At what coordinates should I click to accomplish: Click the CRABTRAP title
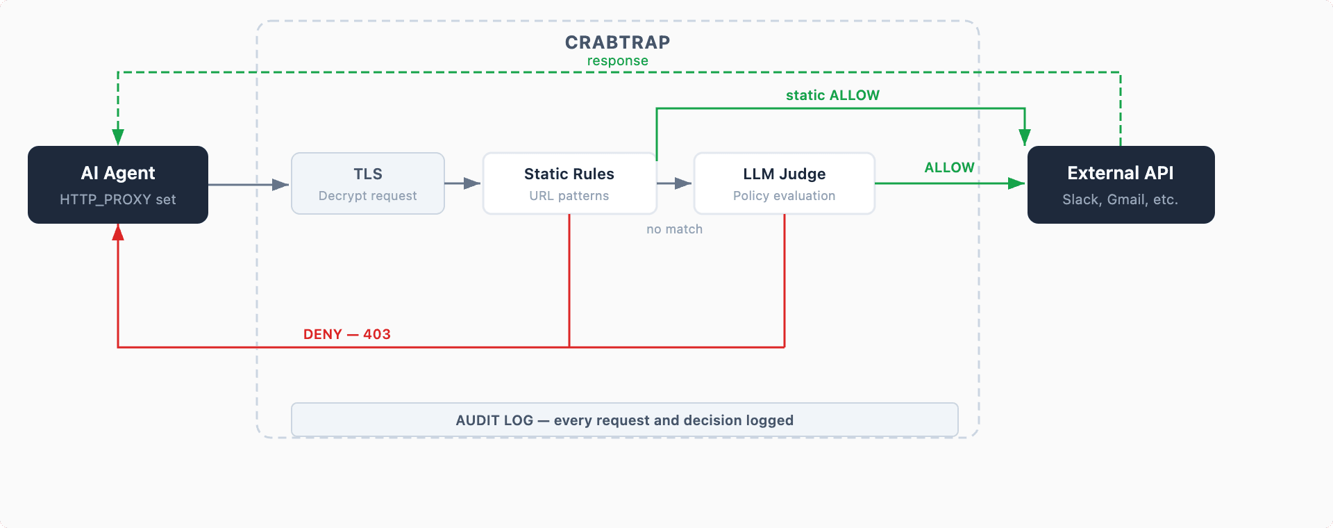tap(617, 42)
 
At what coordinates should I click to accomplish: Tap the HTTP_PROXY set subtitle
tap(118, 199)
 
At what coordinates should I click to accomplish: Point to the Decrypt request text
tap(368, 196)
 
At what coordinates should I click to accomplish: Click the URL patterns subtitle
tap(569, 196)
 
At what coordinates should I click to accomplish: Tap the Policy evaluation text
tap(785, 196)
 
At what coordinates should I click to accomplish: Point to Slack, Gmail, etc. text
tap(1121, 199)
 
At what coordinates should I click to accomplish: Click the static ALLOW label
tap(832, 95)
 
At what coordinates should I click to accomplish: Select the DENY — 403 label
tap(347, 334)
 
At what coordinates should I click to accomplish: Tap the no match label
tap(674, 229)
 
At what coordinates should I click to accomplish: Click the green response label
tap(617, 61)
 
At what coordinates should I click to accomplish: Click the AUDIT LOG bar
tap(625, 420)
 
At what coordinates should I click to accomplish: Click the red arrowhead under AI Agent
tap(118, 233)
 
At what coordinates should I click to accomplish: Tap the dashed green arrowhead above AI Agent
tap(118, 136)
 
